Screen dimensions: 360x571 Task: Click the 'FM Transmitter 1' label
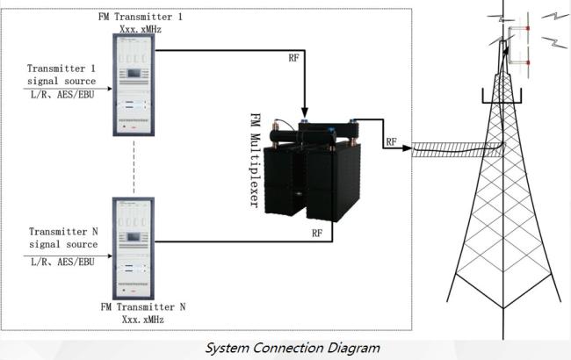click(x=134, y=17)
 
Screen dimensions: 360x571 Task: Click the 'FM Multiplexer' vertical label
click(x=257, y=159)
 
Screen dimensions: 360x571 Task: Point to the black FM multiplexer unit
click(x=316, y=171)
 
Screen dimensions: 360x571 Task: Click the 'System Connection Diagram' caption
click(x=293, y=348)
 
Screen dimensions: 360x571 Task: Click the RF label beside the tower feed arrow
click(x=392, y=140)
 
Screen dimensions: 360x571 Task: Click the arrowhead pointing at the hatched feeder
click(x=408, y=149)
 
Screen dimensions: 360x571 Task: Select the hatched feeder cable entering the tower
click(x=457, y=149)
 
